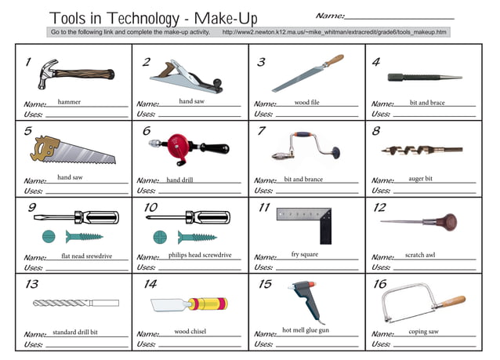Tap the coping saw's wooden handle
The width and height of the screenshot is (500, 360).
tap(453, 300)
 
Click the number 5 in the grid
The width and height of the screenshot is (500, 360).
tap(28, 132)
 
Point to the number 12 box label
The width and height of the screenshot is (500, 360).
tap(379, 208)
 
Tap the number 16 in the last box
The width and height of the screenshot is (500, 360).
tap(379, 284)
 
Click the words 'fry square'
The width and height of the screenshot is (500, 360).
tap(305, 254)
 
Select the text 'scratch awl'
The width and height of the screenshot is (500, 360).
tap(420, 255)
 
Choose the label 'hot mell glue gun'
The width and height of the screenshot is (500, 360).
tap(306, 330)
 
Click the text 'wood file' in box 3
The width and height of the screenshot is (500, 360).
tap(306, 103)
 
